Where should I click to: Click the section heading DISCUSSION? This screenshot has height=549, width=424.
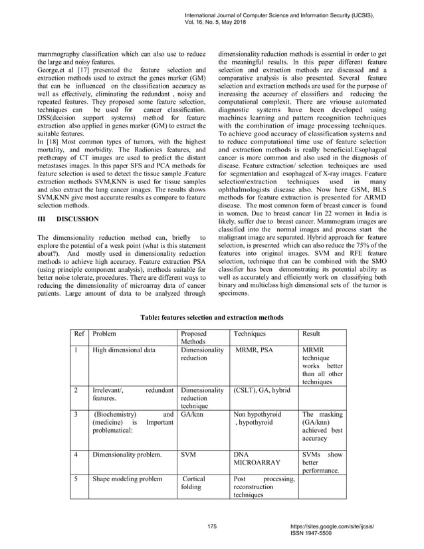tap(78, 218)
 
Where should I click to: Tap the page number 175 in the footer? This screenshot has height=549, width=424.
tap(212, 526)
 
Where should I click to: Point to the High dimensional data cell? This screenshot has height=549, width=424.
tap(124, 350)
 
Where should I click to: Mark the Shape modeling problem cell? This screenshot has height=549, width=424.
tap(127, 478)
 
